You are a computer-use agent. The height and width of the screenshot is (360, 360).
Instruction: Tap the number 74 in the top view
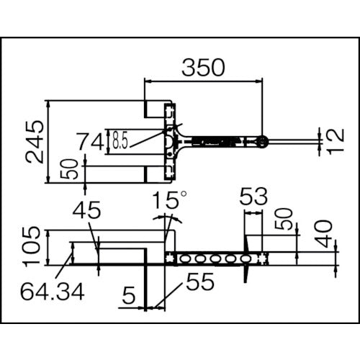point(91,142)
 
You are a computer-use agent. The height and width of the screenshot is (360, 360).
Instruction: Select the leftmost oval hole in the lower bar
point(185,258)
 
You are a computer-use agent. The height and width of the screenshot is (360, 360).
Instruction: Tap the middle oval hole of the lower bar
point(215,258)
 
